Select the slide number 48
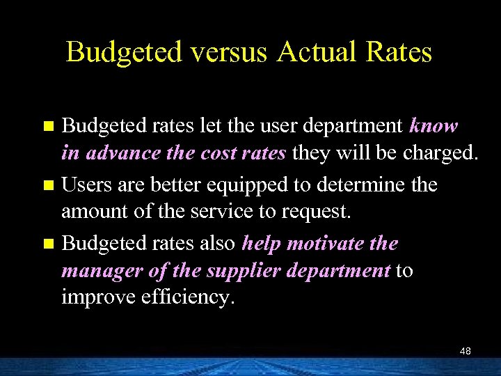466,351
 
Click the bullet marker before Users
48,186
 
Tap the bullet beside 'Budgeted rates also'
48,244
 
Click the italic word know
434,126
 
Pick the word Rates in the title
401,53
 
